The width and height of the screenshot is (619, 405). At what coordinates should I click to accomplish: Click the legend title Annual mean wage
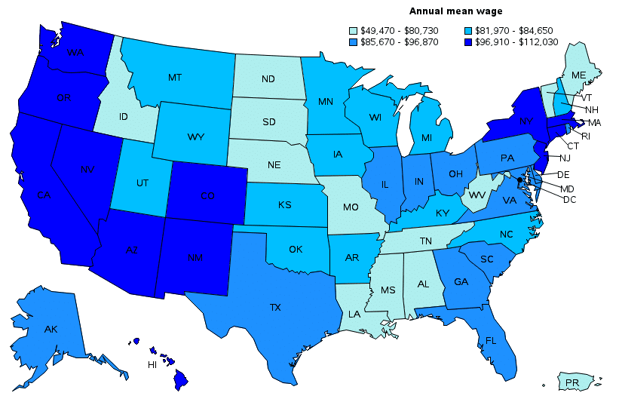pyautogui.click(x=455, y=11)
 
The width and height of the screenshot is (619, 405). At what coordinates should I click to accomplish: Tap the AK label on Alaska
pyautogui.click(x=51, y=330)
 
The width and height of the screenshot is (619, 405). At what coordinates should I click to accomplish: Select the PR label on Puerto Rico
pyautogui.click(x=573, y=384)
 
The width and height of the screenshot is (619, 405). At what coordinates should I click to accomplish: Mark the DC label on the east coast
pyautogui.click(x=570, y=199)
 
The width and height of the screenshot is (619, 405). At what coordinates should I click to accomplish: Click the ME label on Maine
pyautogui.click(x=578, y=75)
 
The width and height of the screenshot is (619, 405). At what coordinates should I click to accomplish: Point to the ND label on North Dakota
pyautogui.click(x=268, y=78)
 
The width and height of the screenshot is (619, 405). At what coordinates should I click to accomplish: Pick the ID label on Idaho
pyautogui.click(x=123, y=118)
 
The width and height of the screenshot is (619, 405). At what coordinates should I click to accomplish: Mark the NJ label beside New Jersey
pyautogui.click(x=565, y=158)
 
